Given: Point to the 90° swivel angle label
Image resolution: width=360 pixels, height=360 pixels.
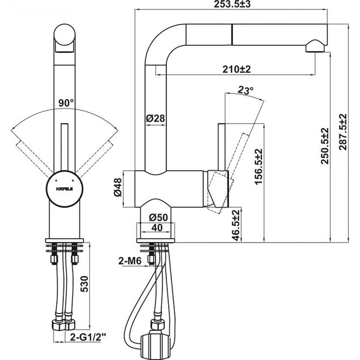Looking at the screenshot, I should click(x=66, y=103).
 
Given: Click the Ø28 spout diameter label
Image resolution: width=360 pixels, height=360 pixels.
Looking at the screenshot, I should click(x=156, y=119).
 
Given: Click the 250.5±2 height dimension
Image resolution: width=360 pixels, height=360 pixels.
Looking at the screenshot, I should click(x=326, y=146).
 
